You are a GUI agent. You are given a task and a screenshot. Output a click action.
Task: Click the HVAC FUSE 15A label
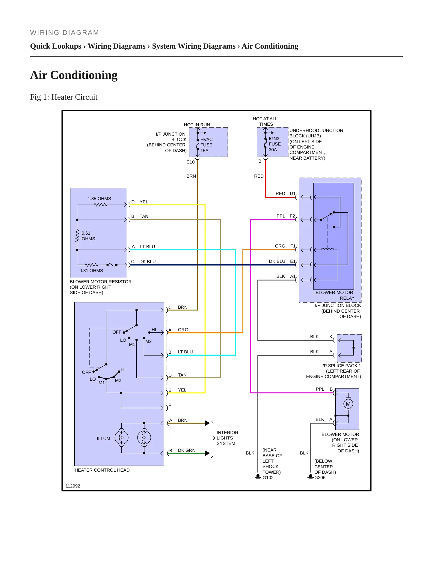click(206, 145)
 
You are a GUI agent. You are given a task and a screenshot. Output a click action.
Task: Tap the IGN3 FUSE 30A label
click(274, 144)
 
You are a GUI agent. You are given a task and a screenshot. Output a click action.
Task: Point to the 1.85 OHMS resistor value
click(99, 199)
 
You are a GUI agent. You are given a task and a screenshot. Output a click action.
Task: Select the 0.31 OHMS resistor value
click(91, 271)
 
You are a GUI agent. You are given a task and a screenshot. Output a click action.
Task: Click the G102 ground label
click(268, 478)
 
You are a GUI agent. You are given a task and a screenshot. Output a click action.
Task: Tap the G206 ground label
click(320, 478)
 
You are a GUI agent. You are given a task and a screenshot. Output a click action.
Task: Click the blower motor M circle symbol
click(348, 404)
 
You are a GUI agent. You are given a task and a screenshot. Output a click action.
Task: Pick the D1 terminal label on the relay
click(293, 193)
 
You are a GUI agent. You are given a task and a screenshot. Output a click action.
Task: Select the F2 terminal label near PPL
click(292, 216)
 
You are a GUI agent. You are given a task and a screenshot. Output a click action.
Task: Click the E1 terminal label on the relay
click(293, 261)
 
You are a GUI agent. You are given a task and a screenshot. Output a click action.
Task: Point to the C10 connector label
click(191, 162)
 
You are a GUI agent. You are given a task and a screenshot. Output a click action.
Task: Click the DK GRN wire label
click(187, 450)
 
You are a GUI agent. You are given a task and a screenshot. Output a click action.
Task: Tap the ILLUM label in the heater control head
click(103, 439)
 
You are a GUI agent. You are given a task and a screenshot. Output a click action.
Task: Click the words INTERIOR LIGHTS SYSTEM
click(227, 438)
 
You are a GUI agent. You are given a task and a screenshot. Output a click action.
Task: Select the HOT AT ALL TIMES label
click(265, 121)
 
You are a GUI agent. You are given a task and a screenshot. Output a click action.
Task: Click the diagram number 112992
click(73, 486)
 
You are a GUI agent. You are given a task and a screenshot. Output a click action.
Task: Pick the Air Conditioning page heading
click(74, 75)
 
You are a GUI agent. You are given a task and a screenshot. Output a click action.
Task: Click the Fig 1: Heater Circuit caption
click(64, 97)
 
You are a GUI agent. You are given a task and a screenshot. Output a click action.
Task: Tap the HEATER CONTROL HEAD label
click(102, 470)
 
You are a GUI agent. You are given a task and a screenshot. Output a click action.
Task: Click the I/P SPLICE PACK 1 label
click(341, 366)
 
